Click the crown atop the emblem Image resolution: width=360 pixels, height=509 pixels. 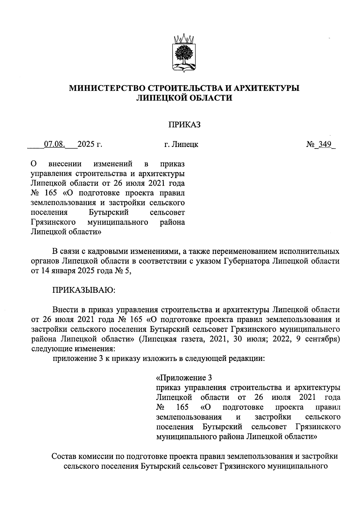(184, 39)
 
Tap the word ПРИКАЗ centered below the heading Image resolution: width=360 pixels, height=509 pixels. (184, 124)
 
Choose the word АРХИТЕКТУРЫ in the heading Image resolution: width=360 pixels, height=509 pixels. (266, 88)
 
